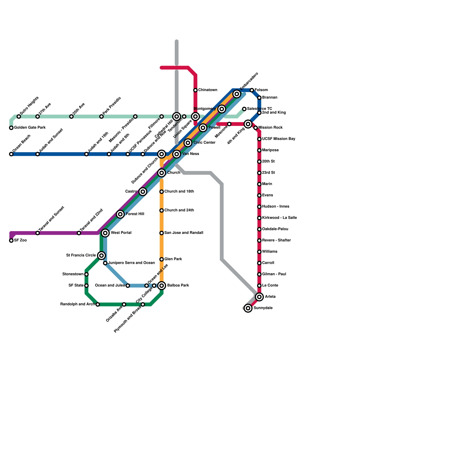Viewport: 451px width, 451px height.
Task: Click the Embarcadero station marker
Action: [x=237, y=94]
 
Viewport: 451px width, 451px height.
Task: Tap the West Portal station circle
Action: [x=105, y=233]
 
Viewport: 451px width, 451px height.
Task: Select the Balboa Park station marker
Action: [x=162, y=286]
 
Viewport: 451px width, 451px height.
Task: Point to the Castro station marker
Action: [x=143, y=192]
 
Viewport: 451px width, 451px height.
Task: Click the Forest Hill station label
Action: [x=135, y=214]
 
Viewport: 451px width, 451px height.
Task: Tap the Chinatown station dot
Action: [x=195, y=90]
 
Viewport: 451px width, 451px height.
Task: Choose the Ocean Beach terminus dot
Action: [x=11, y=154]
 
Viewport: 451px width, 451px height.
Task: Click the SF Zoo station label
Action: [x=20, y=240]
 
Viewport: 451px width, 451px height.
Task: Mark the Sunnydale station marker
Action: [x=248, y=308]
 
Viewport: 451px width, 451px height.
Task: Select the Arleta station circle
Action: [x=259, y=297]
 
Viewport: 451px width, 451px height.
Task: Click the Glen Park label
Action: [x=173, y=259]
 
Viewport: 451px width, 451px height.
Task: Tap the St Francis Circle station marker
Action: [x=101, y=256]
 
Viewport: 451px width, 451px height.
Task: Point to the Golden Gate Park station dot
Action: [x=11, y=128]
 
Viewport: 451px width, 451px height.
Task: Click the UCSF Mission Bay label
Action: [x=278, y=139]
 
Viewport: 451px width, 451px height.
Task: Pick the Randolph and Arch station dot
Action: [x=98, y=304]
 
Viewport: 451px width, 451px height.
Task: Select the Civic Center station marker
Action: [x=188, y=143]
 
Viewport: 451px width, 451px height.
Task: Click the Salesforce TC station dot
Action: [x=244, y=109]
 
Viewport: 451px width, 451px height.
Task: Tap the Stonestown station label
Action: [x=73, y=274]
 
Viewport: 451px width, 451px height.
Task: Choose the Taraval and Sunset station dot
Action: [x=37, y=233]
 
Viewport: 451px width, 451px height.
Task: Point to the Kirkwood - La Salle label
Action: [x=279, y=218]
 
